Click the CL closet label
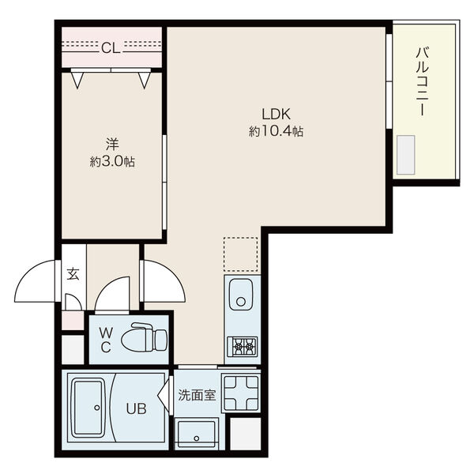(x=111, y=47)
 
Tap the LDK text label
(x=276, y=115)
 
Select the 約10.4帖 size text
(x=276, y=131)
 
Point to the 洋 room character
(x=112, y=145)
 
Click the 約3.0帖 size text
(x=112, y=162)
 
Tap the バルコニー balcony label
(x=422, y=81)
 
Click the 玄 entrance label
(x=73, y=274)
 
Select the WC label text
(x=106, y=340)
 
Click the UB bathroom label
(x=136, y=409)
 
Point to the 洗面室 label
(x=197, y=395)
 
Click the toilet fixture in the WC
(x=144, y=337)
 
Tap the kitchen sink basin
(x=241, y=295)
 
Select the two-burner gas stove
(x=243, y=347)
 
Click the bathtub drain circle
(x=97, y=408)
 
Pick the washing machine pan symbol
(x=241, y=393)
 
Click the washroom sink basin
(x=197, y=434)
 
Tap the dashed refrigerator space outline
(x=241, y=254)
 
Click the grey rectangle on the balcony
(x=406, y=155)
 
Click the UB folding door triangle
(x=164, y=395)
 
